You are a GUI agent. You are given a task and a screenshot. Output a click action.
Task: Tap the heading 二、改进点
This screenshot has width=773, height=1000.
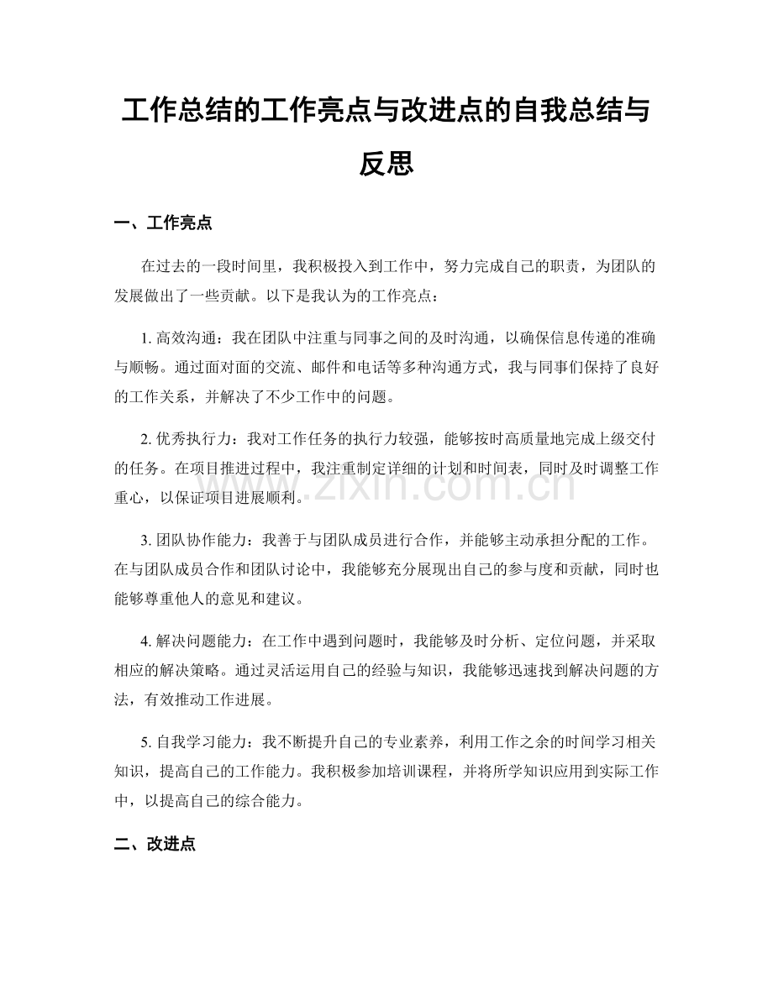pos(155,845)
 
